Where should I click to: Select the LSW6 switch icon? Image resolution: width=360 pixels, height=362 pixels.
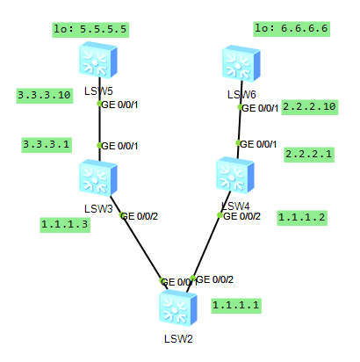(x=240, y=64)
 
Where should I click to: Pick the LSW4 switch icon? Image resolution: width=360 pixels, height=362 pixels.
(x=238, y=176)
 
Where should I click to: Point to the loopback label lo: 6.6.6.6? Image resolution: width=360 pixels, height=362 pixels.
(x=292, y=28)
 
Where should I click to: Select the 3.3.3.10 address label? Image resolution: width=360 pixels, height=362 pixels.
(x=44, y=95)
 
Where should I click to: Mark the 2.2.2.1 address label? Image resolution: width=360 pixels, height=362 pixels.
(x=309, y=154)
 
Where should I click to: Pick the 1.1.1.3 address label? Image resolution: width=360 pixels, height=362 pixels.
(x=65, y=224)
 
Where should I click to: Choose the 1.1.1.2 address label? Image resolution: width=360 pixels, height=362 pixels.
(x=302, y=216)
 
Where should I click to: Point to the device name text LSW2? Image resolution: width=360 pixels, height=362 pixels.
(x=178, y=339)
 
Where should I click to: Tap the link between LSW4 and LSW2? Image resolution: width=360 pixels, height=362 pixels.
(x=207, y=246)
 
